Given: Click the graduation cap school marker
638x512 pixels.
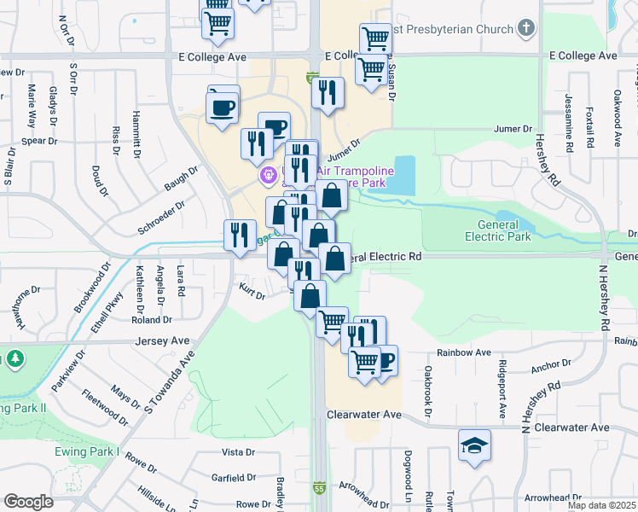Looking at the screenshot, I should (474, 446).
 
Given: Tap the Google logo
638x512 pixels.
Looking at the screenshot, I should (28, 502).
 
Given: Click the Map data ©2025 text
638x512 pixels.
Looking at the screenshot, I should (602, 505).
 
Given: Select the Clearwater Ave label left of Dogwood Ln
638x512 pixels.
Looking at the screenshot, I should (364, 414).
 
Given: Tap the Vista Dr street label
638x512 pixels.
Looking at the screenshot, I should (239, 451).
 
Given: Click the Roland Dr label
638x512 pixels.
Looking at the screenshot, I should (152, 320).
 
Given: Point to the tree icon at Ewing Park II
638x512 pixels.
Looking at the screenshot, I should (14, 360).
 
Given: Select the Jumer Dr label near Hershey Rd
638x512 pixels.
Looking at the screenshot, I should (513, 129).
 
